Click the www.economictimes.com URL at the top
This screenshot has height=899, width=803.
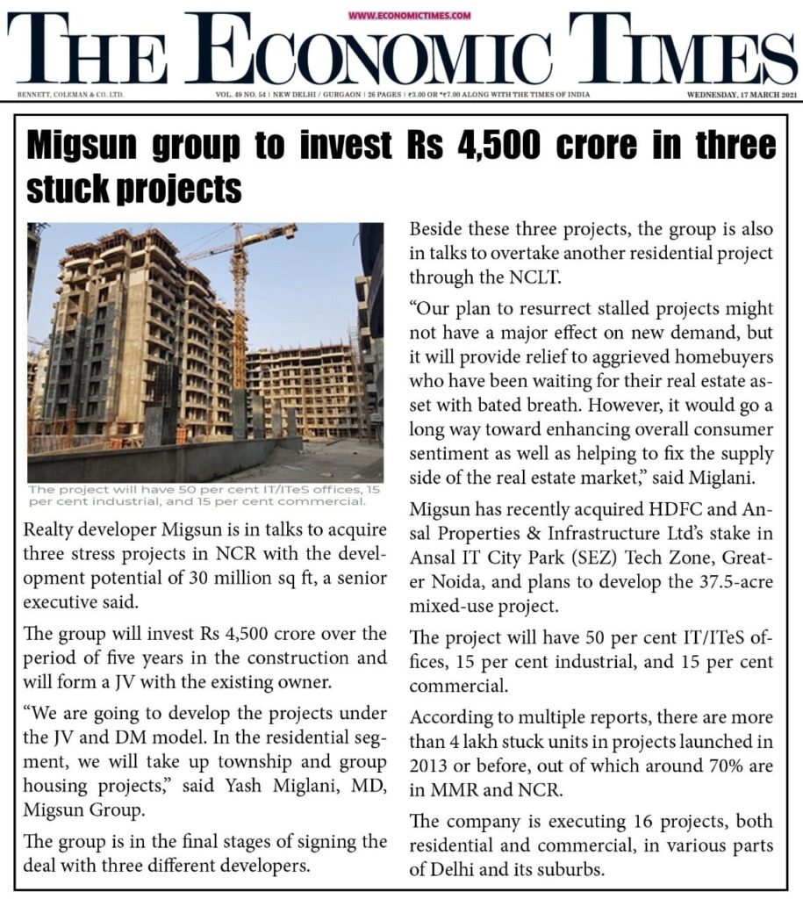(409, 15)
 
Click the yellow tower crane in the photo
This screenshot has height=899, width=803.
(238, 290)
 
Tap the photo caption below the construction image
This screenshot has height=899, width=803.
(197, 495)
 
